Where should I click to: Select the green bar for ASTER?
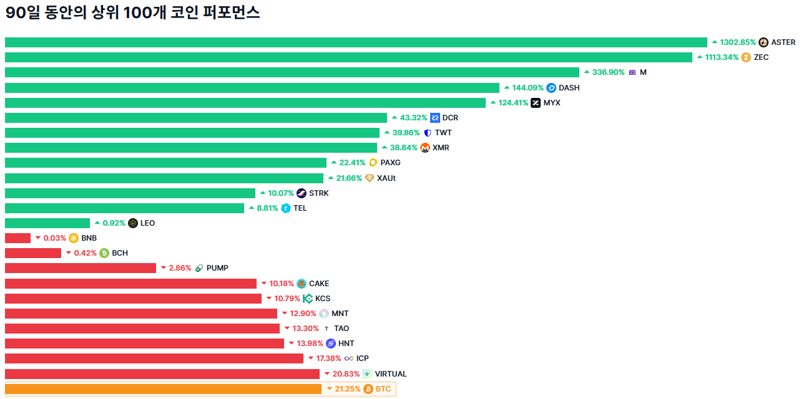tap(356, 42)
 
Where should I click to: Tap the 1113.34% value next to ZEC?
tap(722, 57)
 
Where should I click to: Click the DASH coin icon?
tap(551, 88)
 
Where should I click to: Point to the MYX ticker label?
tap(552, 103)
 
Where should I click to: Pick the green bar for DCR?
tap(196, 118)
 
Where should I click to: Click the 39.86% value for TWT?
tap(406, 133)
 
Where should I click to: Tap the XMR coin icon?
tap(425, 148)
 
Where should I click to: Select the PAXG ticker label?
tap(390, 163)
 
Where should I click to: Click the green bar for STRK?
tap(130, 193)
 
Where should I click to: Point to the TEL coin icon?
tap(286, 208)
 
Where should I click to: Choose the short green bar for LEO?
tap(47, 223)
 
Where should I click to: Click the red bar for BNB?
tap(17, 238)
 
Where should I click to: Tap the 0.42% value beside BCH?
tap(85, 253)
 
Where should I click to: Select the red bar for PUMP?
tap(81, 268)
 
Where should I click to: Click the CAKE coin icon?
tap(302, 284)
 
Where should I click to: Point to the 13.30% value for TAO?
tap(305, 329)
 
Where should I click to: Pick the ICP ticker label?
tap(362, 358)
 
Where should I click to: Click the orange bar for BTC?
tap(163, 389)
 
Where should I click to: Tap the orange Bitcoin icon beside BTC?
tap(368, 389)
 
